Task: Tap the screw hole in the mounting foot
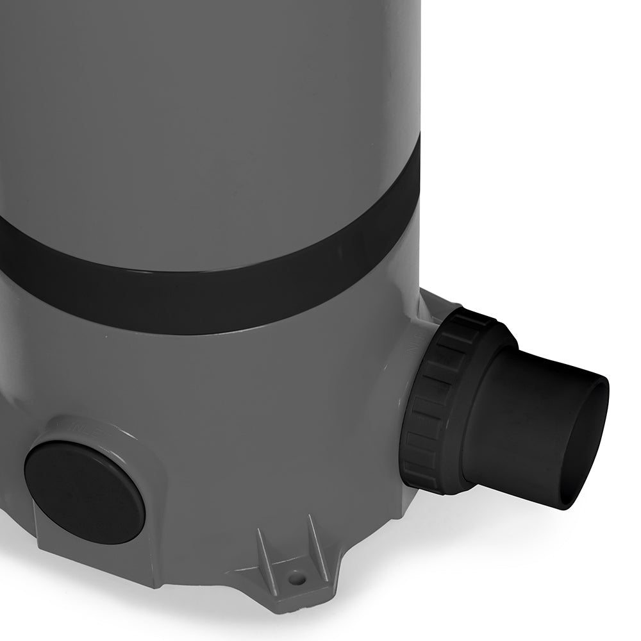click(296, 578)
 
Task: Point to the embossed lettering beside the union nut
click(413, 343)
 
